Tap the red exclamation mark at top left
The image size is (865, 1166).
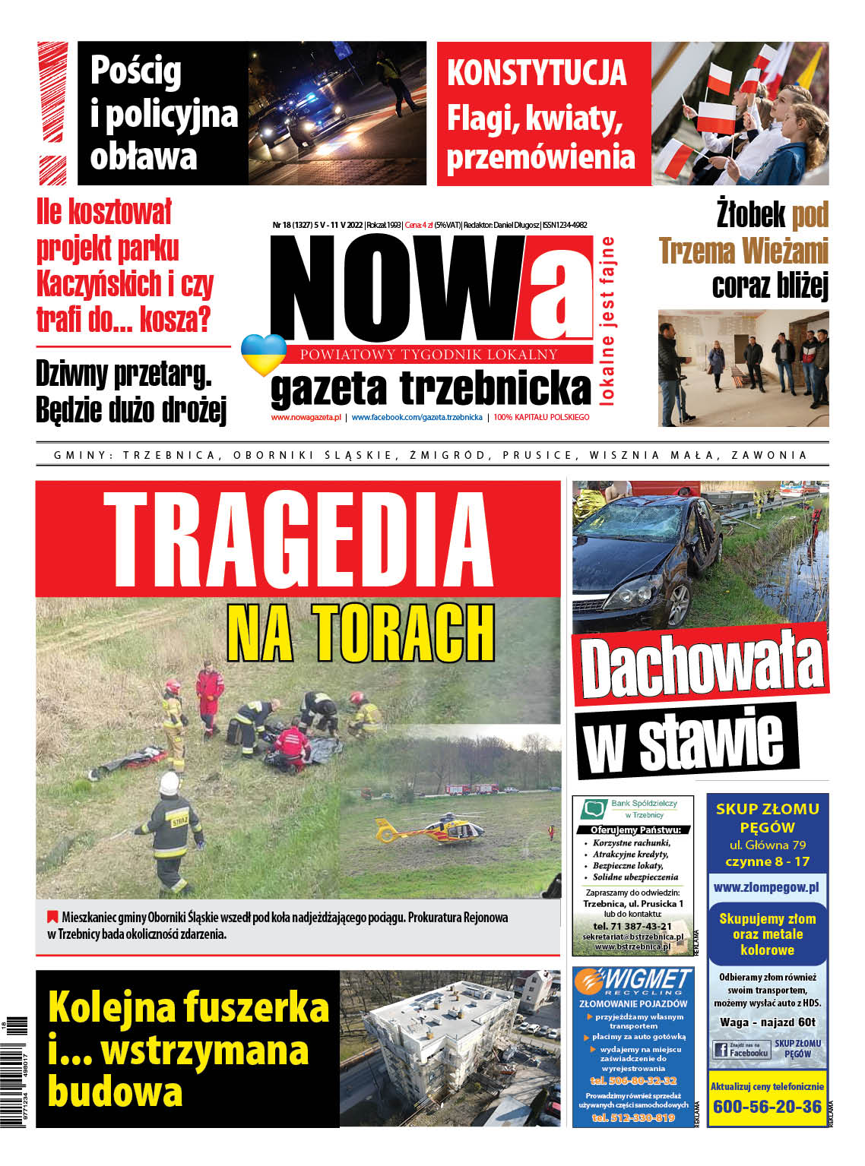pyautogui.click(x=53, y=112)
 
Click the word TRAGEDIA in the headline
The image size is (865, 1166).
pyautogui.click(x=297, y=540)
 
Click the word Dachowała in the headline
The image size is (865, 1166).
pyautogui.click(x=700, y=665)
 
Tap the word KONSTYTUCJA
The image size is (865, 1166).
pyautogui.click(x=537, y=73)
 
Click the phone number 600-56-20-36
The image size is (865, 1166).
pyautogui.click(x=767, y=1106)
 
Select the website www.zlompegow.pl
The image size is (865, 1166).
pyautogui.click(x=766, y=887)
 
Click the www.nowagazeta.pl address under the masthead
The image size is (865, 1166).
pyautogui.click(x=306, y=417)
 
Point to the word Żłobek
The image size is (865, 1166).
pyautogui.click(x=751, y=215)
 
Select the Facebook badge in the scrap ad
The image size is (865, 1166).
pyautogui.click(x=740, y=1051)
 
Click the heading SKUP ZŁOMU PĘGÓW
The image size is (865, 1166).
pyautogui.click(x=767, y=818)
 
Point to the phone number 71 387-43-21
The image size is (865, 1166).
pyautogui.click(x=632, y=926)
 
